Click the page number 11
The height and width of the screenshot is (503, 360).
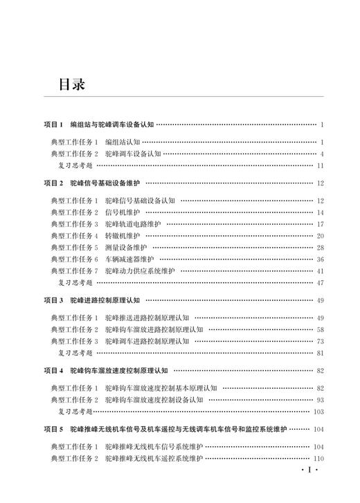(320, 166)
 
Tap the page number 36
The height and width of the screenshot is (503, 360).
(320, 259)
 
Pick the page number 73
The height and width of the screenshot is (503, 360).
(320, 341)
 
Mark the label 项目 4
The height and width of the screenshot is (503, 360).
(53, 370)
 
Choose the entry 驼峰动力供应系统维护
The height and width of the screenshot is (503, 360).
(140, 271)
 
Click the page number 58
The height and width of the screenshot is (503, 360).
(320, 329)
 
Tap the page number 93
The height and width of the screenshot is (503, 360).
(320, 400)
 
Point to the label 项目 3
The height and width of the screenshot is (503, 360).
(53, 300)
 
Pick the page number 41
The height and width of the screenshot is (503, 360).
(320, 271)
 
